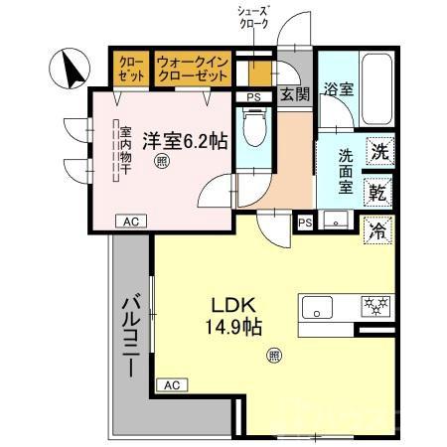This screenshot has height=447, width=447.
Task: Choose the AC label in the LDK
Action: [x=172, y=383]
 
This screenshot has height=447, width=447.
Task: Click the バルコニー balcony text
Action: [x=130, y=338]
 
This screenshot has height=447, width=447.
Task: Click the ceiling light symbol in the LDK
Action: [x=273, y=355]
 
